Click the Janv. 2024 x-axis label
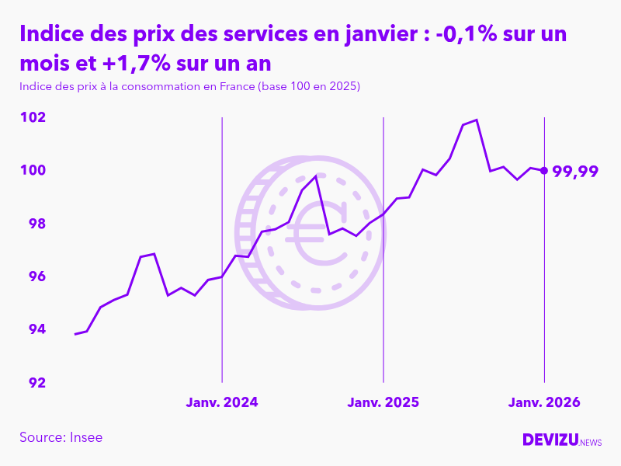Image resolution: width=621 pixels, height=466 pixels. (222, 402)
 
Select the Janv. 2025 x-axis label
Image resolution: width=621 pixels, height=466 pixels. (383, 402)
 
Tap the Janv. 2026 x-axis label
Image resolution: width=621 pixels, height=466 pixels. (544, 402)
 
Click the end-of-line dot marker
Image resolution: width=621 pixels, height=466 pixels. (544, 170)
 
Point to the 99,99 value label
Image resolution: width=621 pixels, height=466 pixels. (575, 172)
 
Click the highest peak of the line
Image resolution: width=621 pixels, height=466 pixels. (477, 120)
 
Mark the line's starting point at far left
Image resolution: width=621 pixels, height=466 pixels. (75, 334)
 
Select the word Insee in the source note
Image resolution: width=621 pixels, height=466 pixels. (85, 437)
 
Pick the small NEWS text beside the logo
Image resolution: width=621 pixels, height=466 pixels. (591, 443)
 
